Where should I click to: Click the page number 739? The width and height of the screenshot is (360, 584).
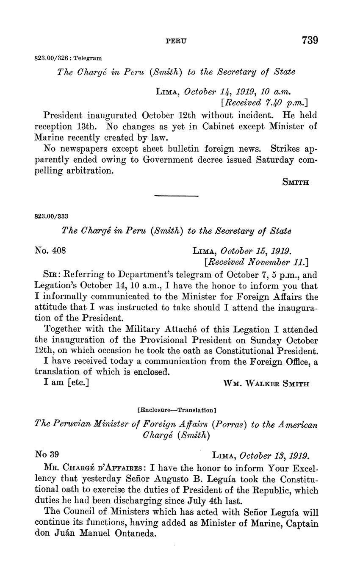point(310,41)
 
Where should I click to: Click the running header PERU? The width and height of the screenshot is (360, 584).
point(175,42)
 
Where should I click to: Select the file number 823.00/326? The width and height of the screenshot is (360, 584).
point(52,58)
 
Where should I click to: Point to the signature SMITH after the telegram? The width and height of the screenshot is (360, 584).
point(296,183)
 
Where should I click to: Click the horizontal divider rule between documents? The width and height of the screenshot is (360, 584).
point(176,196)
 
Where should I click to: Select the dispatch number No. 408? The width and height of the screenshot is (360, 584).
point(50,250)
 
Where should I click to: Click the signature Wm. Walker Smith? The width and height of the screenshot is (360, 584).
point(266,384)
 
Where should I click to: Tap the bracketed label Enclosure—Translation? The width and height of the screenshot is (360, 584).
point(177,410)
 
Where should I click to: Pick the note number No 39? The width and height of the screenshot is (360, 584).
point(47,455)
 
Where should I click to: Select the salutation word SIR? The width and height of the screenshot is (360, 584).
point(51,274)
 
